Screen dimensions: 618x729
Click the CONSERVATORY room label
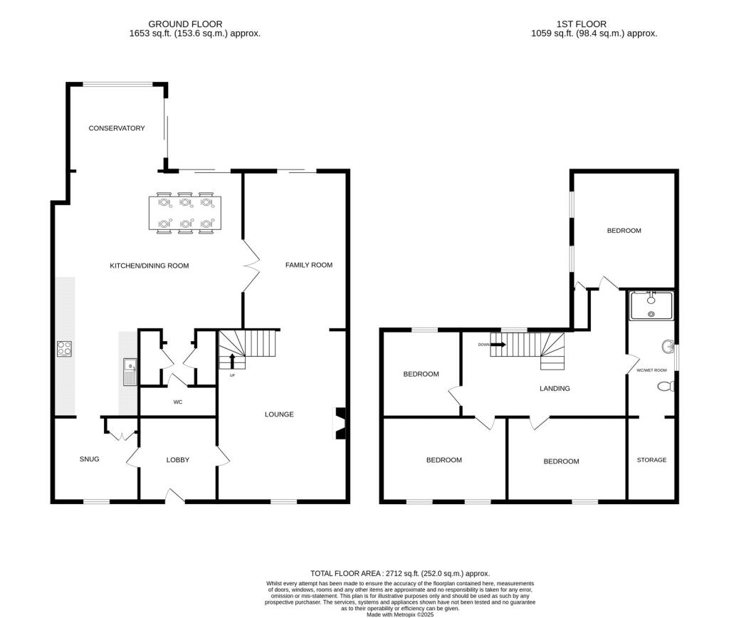pyautogui.click(x=116, y=128)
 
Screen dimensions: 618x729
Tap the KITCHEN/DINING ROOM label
pyautogui.click(x=149, y=266)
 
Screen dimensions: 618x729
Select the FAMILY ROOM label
pyautogui.click(x=309, y=265)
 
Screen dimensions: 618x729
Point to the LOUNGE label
pyautogui.click(x=279, y=414)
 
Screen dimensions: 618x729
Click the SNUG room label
pyautogui.click(x=89, y=459)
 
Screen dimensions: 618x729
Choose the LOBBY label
pyautogui.click(x=178, y=460)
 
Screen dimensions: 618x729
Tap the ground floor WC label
pyautogui.click(x=178, y=402)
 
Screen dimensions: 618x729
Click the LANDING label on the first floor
pyautogui.click(x=555, y=389)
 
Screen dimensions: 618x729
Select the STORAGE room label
pyautogui.click(x=651, y=460)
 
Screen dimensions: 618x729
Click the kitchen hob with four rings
pyautogui.click(x=64, y=348)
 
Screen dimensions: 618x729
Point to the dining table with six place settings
pyautogui.click(x=185, y=213)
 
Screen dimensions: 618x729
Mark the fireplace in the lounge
pyautogui.click(x=340, y=423)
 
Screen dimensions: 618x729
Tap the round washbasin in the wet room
pyautogui.click(x=668, y=347)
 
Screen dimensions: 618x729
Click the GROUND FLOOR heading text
pyautogui.click(x=185, y=24)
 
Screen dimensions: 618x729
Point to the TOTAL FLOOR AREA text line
pyautogui.click(x=400, y=573)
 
